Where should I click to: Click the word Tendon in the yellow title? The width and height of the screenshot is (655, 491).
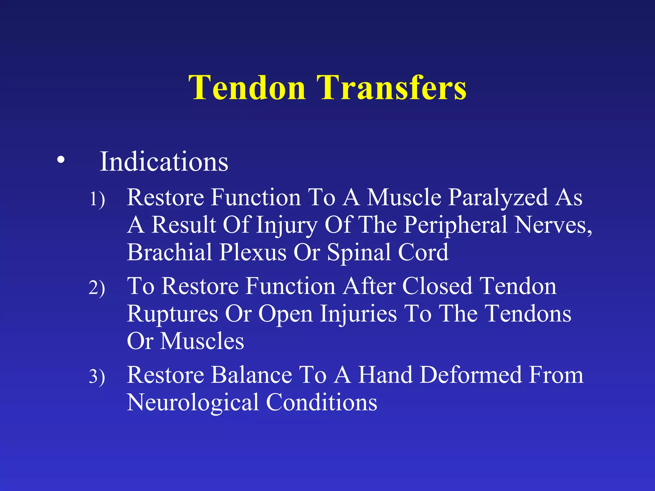coord(247,88)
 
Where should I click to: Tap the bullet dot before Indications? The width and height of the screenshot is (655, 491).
coord(61,160)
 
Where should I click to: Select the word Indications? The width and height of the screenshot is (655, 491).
coord(164,162)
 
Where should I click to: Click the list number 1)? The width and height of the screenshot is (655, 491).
coord(97,199)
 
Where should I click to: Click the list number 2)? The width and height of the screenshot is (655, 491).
coord(97,288)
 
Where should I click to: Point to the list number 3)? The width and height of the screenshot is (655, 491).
coord(97,376)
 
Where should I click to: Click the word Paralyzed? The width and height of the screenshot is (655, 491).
coord(498,198)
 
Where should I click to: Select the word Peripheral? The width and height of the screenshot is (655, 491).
coord(455,225)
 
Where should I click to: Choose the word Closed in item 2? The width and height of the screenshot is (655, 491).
coord(437,286)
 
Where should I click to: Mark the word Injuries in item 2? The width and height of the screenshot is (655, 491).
coord(358,314)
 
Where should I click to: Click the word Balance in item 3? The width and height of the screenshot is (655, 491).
coord(251,375)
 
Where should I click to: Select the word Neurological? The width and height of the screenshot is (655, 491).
coord(193,403)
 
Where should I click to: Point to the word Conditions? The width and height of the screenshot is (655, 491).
coord(321,402)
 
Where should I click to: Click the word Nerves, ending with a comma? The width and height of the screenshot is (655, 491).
coord(554,225)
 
